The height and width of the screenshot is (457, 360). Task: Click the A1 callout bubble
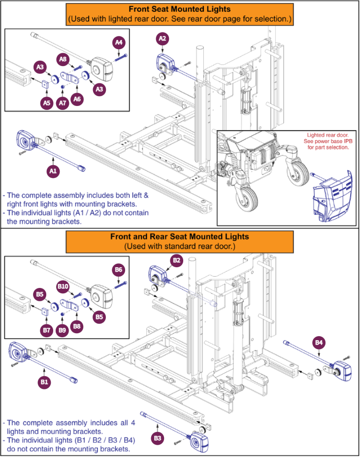coord(53,171)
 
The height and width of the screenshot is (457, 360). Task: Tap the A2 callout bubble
coord(163,38)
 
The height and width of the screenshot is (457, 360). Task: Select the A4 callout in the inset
coord(119,43)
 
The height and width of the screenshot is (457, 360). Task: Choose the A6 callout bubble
coord(77,99)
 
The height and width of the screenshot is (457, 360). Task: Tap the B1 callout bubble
coord(45,382)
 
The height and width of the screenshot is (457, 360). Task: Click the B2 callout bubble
coord(176,260)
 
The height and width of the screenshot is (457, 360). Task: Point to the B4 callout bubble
coord(319,342)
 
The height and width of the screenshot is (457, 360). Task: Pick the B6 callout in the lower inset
coord(118,270)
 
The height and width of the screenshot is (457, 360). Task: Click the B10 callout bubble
coord(63,286)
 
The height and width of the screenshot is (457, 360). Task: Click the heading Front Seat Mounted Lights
coord(179,9)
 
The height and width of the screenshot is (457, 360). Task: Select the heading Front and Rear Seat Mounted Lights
coord(179,237)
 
